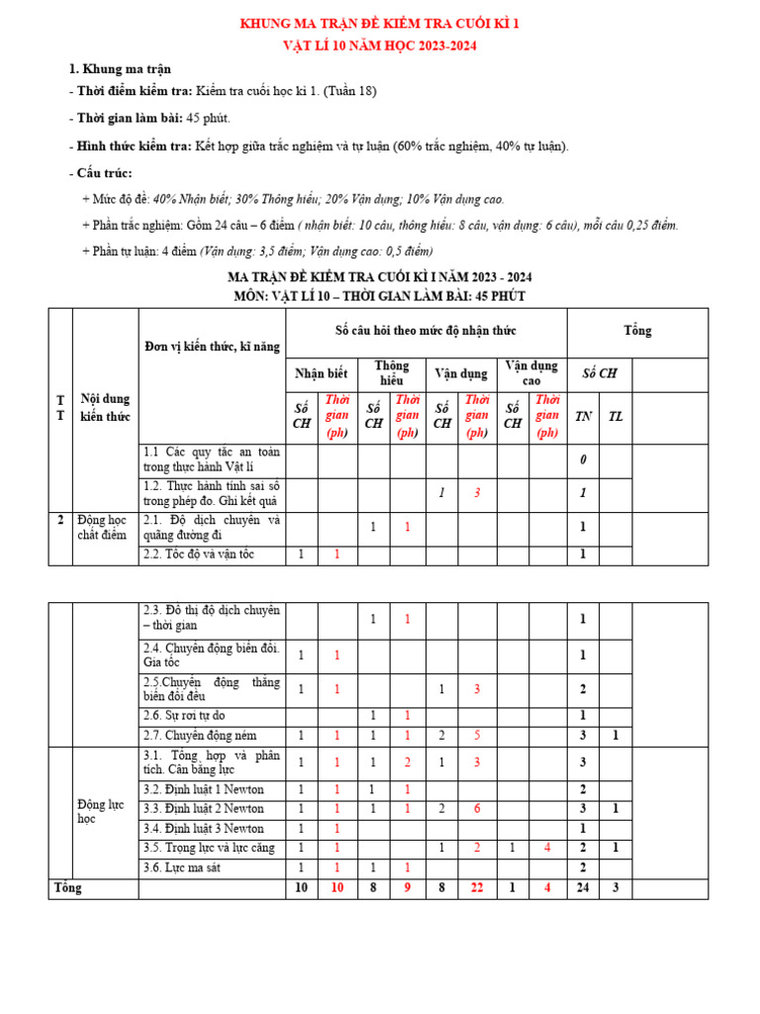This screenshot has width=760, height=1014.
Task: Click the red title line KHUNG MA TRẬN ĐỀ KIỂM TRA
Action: coord(381,24)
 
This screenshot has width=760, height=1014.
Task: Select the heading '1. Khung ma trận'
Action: coord(119,69)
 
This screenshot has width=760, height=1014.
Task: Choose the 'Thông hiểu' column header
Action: coord(391,373)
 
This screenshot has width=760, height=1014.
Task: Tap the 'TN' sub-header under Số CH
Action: coord(584,416)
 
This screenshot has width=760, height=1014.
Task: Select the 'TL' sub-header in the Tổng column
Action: coord(616,416)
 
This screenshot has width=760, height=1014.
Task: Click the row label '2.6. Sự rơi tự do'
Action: coord(189,715)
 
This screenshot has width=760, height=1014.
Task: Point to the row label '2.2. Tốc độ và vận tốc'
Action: coord(199,555)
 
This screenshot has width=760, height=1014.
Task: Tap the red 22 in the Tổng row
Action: coord(477,888)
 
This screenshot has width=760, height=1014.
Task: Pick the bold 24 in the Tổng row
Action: coord(584,888)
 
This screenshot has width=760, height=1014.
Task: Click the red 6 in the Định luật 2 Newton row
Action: coord(477,809)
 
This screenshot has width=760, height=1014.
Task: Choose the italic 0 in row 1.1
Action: coord(584,459)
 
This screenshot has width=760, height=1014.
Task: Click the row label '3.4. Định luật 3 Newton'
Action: coord(204,828)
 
